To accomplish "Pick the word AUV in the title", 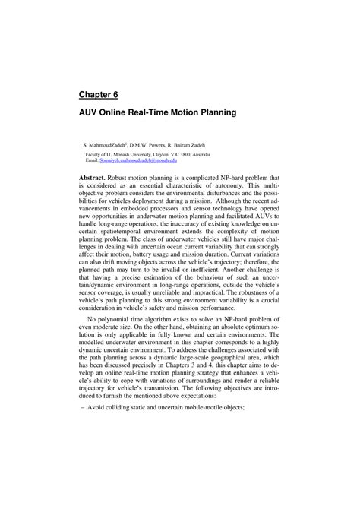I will (91, 112).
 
